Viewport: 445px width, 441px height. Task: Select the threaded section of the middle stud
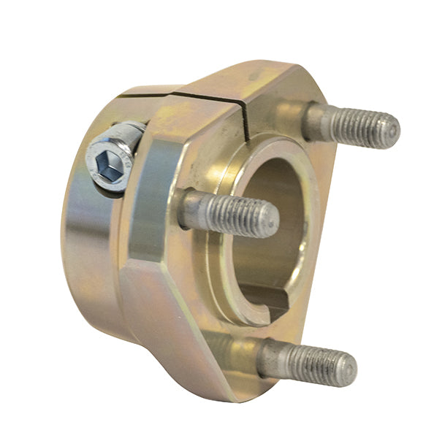point(245,215)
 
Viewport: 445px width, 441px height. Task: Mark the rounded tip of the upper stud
point(392,129)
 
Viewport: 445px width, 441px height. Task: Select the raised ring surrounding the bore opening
point(227,285)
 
